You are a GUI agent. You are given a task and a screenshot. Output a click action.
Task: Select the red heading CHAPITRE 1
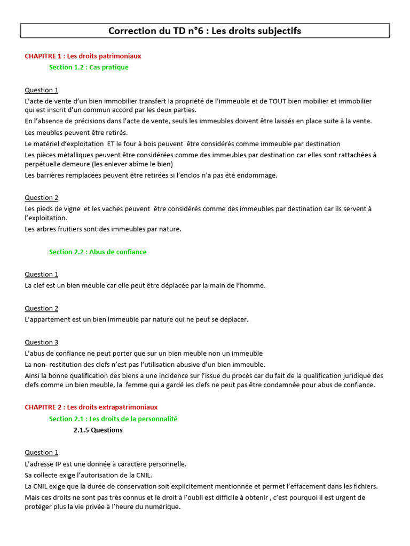click(83, 55)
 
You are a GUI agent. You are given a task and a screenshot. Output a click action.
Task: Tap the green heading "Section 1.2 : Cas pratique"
click(89, 67)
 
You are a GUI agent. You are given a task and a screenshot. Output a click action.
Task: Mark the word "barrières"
click(52, 175)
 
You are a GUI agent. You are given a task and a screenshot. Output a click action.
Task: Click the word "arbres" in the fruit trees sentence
click(48, 229)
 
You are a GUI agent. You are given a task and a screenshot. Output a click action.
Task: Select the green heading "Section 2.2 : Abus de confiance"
click(98, 252)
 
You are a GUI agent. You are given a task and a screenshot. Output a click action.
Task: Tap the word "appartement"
click(51, 319)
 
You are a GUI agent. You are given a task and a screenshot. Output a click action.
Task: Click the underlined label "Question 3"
click(42, 342)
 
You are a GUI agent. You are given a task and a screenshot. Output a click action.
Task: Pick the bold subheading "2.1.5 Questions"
click(98, 430)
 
